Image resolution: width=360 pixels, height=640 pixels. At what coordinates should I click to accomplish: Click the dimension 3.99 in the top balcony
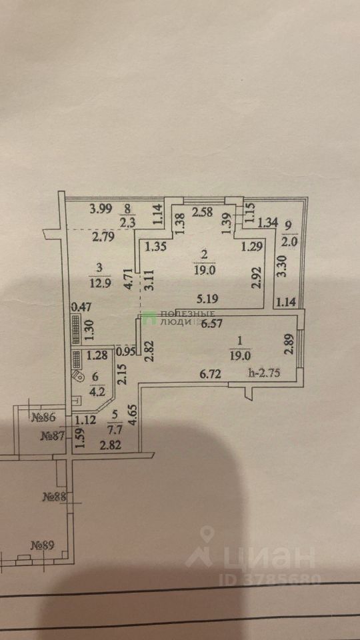pyautogui.click(x=101, y=210)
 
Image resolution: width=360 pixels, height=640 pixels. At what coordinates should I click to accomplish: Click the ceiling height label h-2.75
pyautogui.click(x=264, y=373)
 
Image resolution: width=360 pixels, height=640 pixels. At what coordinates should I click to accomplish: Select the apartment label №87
pyautogui.click(x=51, y=436)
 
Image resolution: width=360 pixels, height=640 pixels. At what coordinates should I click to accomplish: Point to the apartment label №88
pyautogui.click(x=54, y=497)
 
